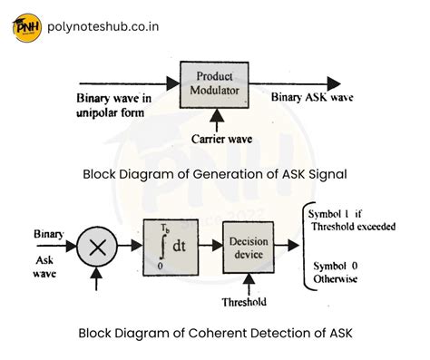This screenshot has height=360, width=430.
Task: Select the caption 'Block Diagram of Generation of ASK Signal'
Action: pyautogui.click(x=215, y=173)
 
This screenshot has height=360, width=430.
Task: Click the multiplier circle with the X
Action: pyautogui.click(x=96, y=245)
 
